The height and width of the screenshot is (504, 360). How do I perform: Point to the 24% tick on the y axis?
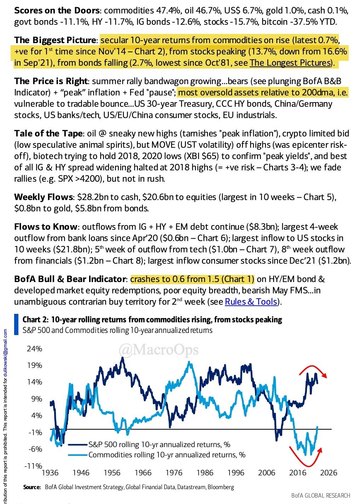(x=34, y=349)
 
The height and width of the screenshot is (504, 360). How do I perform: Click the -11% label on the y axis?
(x=33, y=466)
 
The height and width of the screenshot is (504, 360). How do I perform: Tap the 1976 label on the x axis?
(x=174, y=473)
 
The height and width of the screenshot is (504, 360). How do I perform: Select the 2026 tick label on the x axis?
(x=329, y=473)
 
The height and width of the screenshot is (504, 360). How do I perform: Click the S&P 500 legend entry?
(x=159, y=444)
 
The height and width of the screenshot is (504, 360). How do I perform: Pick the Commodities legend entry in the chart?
(x=167, y=455)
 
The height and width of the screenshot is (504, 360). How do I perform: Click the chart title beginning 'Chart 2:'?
(x=152, y=320)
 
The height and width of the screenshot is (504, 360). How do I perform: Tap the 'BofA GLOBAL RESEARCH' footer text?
(x=321, y=496)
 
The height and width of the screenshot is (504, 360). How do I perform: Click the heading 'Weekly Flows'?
(x=43, y=197)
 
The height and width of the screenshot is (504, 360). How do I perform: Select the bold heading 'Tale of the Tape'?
(x=48, y=133)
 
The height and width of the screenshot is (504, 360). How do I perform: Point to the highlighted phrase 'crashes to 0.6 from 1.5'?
(x=192, y=279)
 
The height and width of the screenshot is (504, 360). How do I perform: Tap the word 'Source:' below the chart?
(x=32, y=487)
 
